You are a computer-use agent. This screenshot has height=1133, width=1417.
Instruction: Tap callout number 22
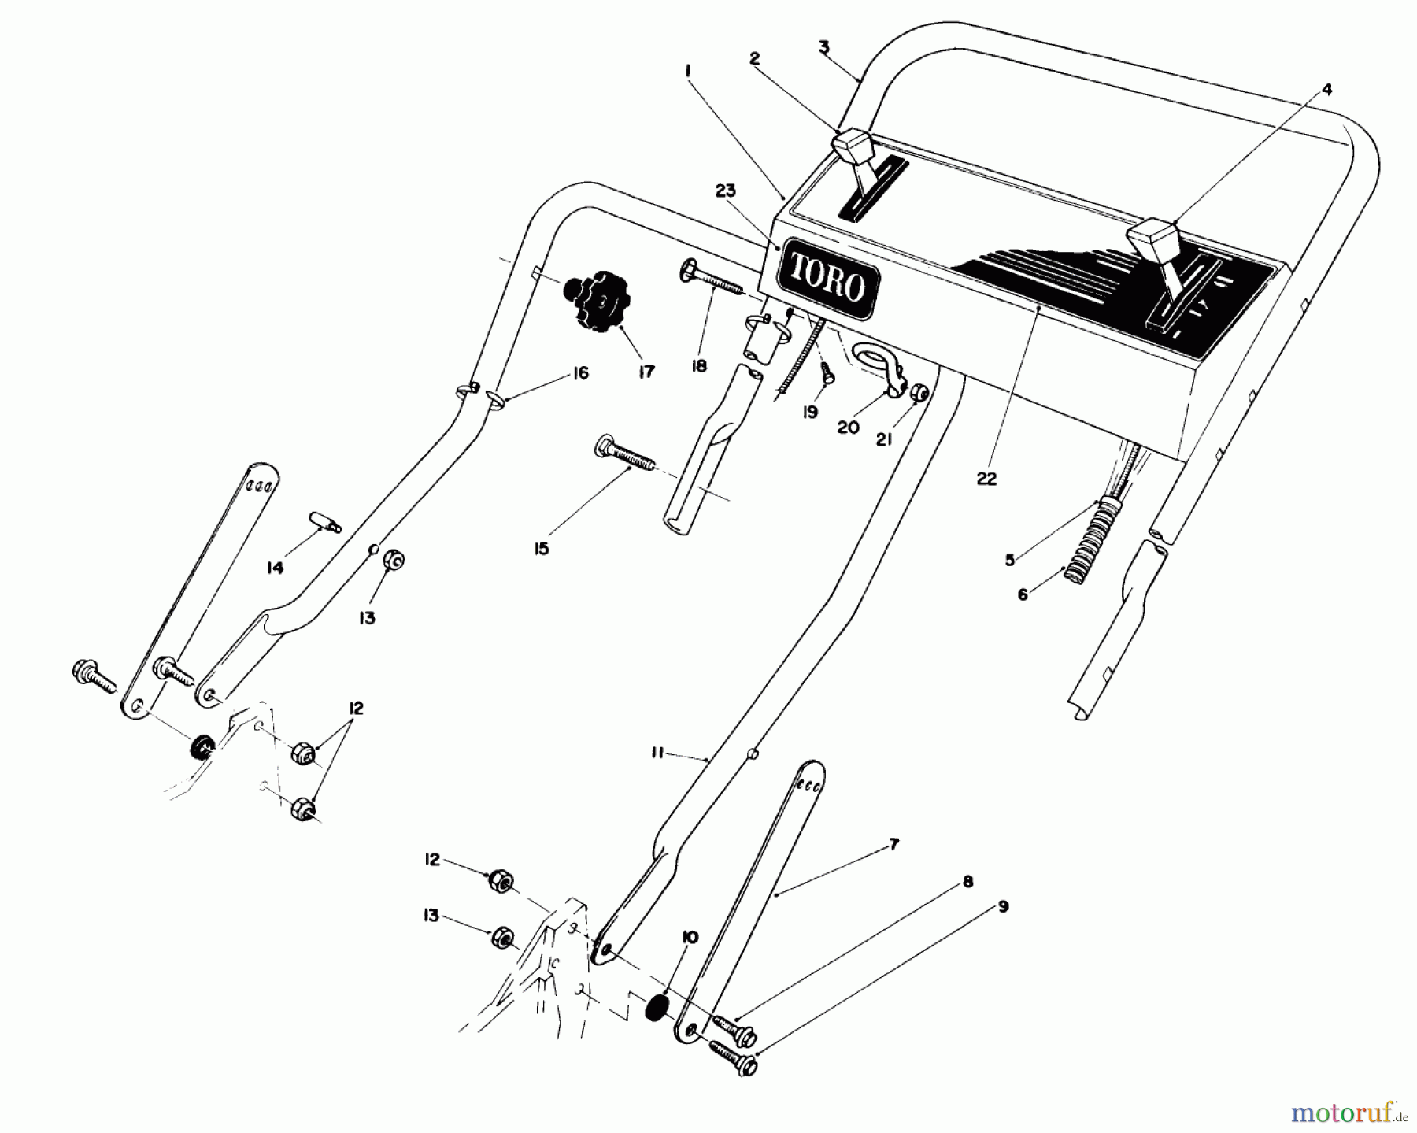tap(986, 479)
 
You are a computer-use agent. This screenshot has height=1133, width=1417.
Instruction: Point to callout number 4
tap(1327, 91)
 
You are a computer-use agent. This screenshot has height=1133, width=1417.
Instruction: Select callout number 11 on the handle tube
tap(657, 754)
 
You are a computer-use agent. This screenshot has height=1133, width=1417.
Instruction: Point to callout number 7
tap(893, 845)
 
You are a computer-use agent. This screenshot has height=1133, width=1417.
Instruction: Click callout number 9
tap(1002, 907)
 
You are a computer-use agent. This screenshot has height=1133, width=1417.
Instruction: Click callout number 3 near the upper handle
tap(823, 47)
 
